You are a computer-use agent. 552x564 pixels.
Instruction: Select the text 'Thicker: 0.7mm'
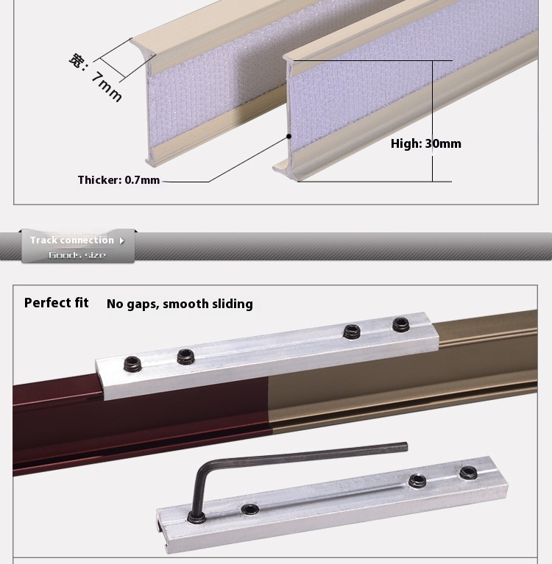pyautogui.click(x=118, y=180)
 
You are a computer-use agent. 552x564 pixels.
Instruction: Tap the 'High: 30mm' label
pyautogui.click(x=425, y=143)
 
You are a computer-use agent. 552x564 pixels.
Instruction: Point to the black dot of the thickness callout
pyautogui.click(x=289, y=136)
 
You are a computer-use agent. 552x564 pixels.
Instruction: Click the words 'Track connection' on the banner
pyautogui.click(x=71, y=240)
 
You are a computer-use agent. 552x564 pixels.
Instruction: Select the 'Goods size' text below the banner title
pyautogui.click(x=77, y=255)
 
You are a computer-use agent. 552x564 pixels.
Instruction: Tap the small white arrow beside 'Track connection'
pyautogui.click(x=121, y=240)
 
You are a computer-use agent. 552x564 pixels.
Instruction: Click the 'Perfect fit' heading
pyautogui.click(x=56, y=303)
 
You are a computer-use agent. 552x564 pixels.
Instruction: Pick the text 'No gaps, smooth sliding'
pyautogui.click(x=180, y=304)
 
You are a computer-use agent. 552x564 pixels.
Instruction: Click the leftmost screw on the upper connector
pyautogui.click(x=132, y=362)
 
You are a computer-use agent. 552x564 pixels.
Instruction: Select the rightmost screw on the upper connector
pyautogui.click(x=400, y=324)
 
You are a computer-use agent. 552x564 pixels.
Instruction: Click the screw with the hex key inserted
pyautogui.click(x=198, y=517)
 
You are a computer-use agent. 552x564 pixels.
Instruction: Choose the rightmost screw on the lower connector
pyautogui.click(x=467, y=473)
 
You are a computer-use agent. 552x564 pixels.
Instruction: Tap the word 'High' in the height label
pyautogui.click(x=405, y=143)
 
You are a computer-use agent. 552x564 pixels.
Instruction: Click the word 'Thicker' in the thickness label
pyautogui.click(x=99, y=180)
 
